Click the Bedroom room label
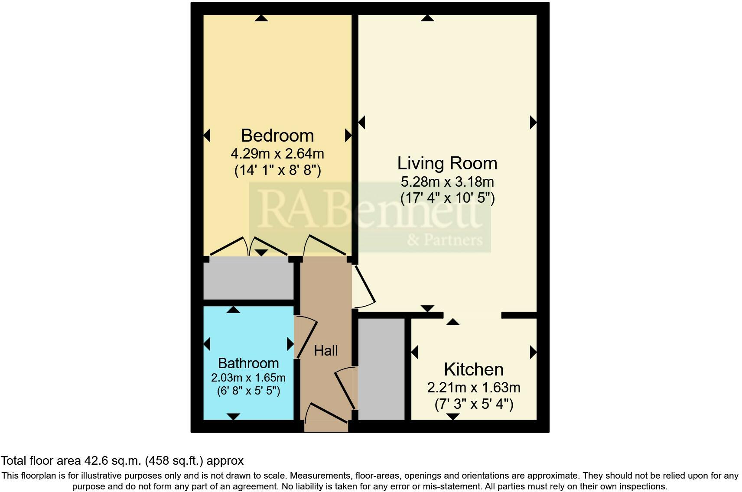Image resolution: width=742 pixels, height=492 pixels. (277, 136)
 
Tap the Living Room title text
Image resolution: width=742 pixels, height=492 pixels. (447, 163)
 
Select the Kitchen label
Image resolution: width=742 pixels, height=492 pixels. (474, 369)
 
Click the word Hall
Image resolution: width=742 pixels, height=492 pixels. (325, 351)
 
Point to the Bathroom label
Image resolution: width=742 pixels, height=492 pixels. (248, 363)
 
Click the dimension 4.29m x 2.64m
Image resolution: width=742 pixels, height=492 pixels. (277, 154)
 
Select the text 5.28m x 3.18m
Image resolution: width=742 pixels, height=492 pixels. (447, 181)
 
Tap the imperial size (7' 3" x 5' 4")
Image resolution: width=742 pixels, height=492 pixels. (474, 405)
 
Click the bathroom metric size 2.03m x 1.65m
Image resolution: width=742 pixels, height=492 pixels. (248, 378)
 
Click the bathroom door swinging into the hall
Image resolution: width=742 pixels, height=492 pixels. (306, 338)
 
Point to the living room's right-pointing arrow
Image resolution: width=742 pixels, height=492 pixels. (533, 123)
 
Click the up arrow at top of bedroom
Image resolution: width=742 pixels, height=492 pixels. (261, 18)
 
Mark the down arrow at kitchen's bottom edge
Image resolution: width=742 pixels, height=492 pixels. (453, 417)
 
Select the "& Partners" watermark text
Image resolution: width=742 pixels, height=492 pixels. (445, 240)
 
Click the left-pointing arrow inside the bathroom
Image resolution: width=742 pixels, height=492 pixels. (207, 344)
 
